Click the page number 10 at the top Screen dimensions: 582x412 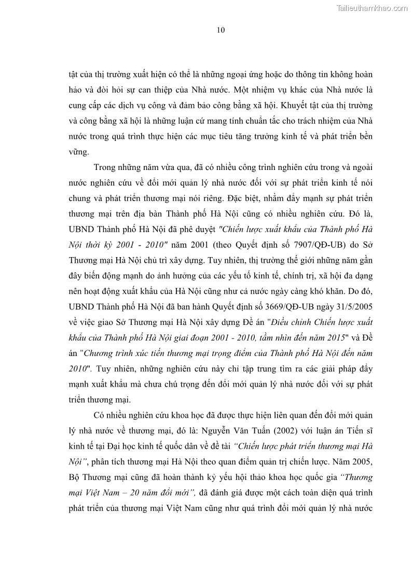221,30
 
